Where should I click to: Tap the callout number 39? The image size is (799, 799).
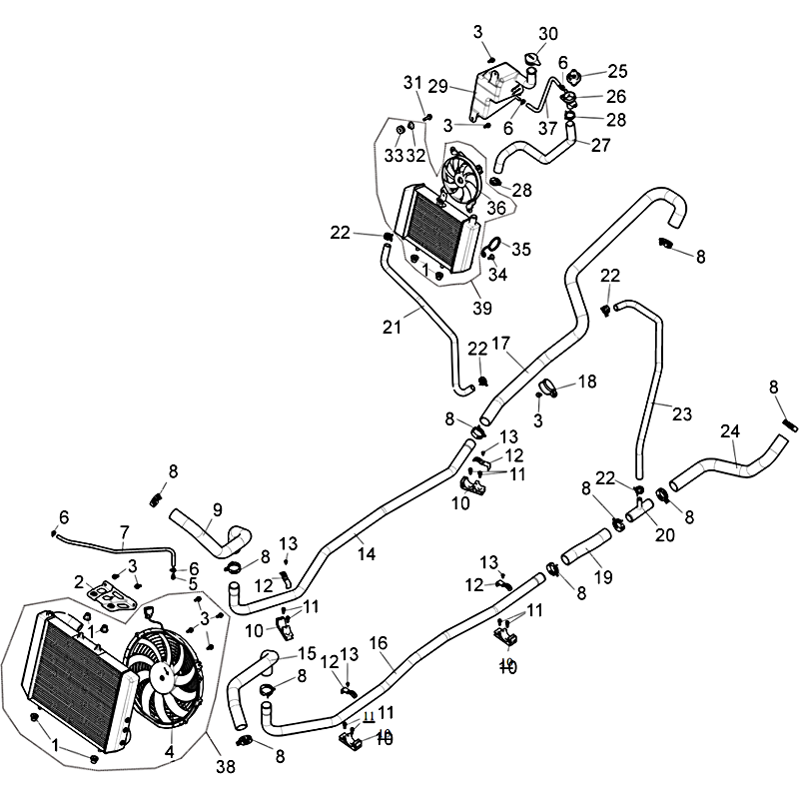(483, 308)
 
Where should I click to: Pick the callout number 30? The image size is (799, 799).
(548, 33)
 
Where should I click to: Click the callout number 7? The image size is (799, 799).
(124, 531)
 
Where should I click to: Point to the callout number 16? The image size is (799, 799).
(381, 644)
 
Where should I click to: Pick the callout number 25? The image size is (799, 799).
(617, 71)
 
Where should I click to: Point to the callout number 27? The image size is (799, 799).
(600, 144)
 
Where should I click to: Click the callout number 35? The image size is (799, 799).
(521, 248)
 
